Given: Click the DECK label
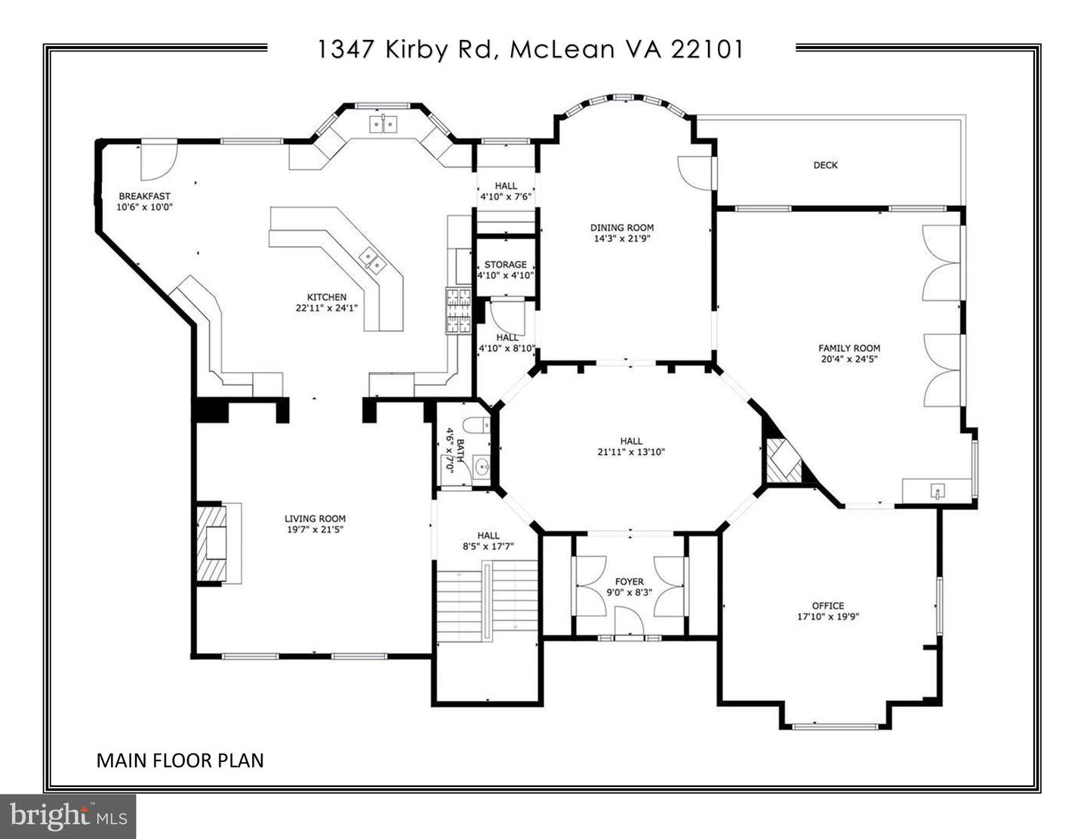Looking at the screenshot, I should point(825,165).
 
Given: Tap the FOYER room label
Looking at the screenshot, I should point(630,582).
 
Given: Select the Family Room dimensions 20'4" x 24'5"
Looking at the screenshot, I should point(849,359).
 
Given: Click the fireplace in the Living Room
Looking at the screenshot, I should point(217,543).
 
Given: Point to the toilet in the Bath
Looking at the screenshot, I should point(476,426).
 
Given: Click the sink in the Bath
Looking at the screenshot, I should point(482,468).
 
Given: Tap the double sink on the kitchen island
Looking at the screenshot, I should point(371,260).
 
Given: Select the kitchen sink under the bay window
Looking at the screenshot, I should point(383,123).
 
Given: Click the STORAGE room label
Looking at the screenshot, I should point(505,265).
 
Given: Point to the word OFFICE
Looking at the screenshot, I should point(828,606).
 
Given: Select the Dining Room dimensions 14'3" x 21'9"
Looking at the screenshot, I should point(622,238).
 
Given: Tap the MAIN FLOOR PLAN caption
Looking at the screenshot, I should point(180,760).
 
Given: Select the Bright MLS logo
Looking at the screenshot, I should point(68,816).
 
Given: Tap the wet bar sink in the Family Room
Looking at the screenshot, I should point(937,492).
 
